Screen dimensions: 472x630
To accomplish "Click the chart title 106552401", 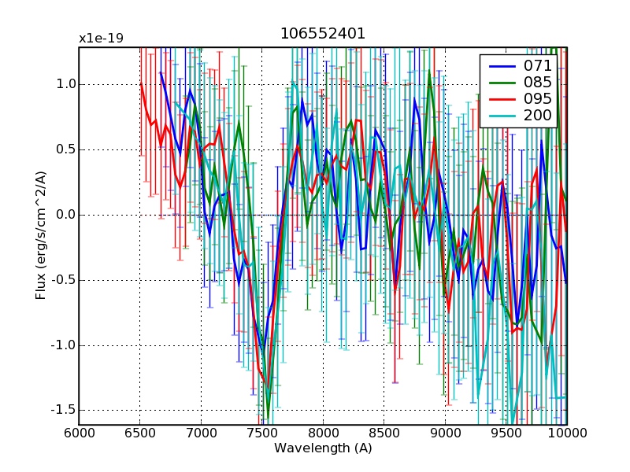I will (x=323, y=34).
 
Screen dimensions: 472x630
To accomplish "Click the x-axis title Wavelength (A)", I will (x=323, y=448).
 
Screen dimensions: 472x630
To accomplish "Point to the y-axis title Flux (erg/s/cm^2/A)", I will (x=41, y=236).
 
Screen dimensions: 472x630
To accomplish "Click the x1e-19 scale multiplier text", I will (x=101, y=39).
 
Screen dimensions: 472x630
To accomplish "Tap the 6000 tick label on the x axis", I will (x=79, y=433).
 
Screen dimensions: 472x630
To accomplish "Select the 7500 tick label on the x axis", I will (x=262, y=433).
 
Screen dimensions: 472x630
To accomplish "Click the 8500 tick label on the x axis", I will (x=384, y=433).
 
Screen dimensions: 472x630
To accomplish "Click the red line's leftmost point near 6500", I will (x=141, y=83).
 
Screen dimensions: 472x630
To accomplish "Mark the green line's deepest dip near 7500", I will (x=268, y=417).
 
